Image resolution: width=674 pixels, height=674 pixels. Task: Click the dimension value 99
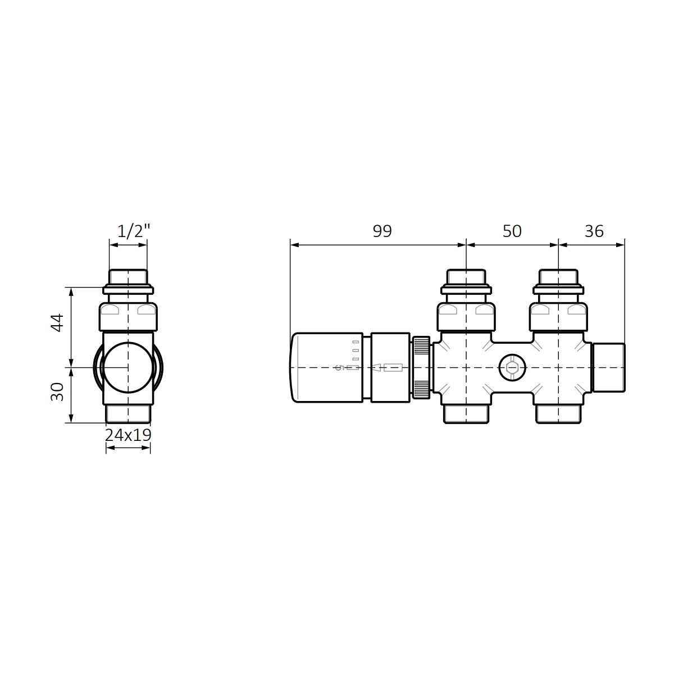tap(382, 231)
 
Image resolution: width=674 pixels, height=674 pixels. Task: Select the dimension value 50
tap(512, 231)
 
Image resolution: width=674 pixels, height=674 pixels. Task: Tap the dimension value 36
tap(594, 231)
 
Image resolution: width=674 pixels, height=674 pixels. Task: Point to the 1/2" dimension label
tap(133, 231)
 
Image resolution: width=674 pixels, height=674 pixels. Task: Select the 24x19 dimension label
tap(128, 435)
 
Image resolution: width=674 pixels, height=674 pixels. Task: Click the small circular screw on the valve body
tap(512, 368)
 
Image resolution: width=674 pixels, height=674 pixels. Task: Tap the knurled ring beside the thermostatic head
tap(421, 367)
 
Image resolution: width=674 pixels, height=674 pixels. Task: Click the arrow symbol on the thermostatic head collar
tap(376, 367)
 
